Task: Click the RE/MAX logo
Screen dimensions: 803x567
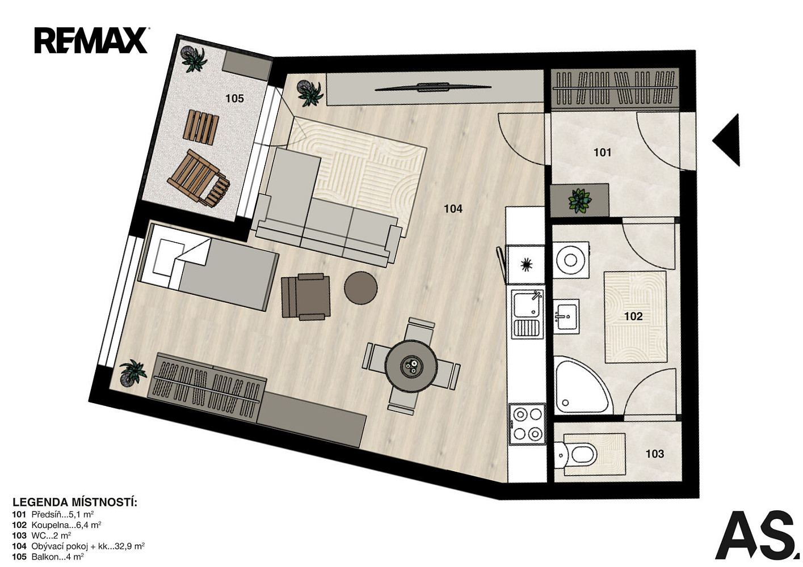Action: coord(91,40)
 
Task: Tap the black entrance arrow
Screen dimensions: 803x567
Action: coord(728,140)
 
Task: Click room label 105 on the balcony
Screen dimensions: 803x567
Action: coord(234,99)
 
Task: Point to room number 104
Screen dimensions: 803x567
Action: coord(453,209)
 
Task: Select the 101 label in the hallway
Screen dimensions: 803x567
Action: coord(602,153)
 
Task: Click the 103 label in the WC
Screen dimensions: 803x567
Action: coord(654,454)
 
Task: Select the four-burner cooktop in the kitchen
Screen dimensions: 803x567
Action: coord(527,424)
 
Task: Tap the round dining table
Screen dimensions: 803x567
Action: coord(411,366)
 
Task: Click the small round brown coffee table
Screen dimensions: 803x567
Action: coord(360,288)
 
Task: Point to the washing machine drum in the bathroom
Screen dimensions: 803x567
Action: coord(570,260)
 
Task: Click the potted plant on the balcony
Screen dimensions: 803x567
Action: coord(194,59)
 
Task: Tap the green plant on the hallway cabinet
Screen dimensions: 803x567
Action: coord(579,201)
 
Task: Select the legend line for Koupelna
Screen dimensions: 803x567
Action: coord(56,525)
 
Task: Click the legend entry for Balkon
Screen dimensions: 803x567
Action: coord(48,557)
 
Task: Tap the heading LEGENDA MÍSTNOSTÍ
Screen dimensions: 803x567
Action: coord(75,502)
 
